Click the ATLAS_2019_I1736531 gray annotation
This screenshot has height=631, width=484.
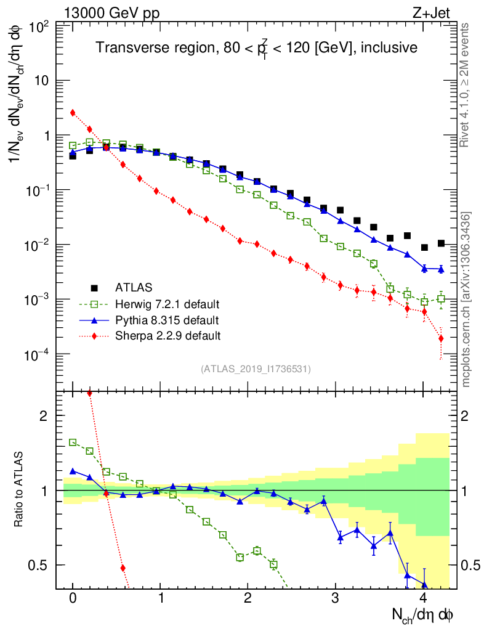tap(256, 369)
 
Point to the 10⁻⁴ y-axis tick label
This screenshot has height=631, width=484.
tap(38, 354)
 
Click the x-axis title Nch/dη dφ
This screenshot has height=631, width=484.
tap(424, 614)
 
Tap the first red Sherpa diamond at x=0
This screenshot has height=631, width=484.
tap(73, 113)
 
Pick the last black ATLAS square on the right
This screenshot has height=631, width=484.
tap(441, 243)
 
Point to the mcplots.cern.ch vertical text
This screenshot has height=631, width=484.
tap(466, 299)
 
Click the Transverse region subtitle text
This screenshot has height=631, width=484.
tap(257, 47)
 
